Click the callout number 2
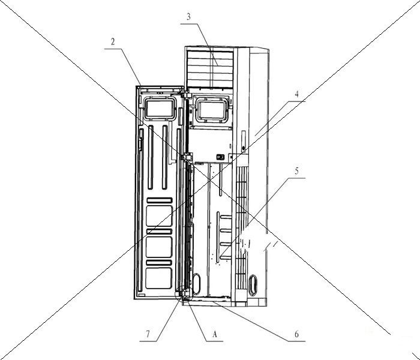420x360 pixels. [x=113, y=42]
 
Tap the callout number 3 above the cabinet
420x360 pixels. [x=188, y=17]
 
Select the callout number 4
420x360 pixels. [x=296, y=94]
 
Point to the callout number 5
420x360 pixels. [x=296, y=171]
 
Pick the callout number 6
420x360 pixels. [x=296, y=334]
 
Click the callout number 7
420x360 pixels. [x=148, y=334]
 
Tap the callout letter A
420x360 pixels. [x=214, y=334]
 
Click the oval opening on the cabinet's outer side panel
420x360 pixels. [x=253, y=285]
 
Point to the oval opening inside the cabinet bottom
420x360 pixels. [x=196, y=284]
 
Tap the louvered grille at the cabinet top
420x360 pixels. [x=210, y=69]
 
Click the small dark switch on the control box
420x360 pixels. [x=220, y=157]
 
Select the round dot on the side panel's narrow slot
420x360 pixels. [x=243, y=148]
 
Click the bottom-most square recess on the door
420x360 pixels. [x=159, y=278]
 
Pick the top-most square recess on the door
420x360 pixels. [x=159, y=216]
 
